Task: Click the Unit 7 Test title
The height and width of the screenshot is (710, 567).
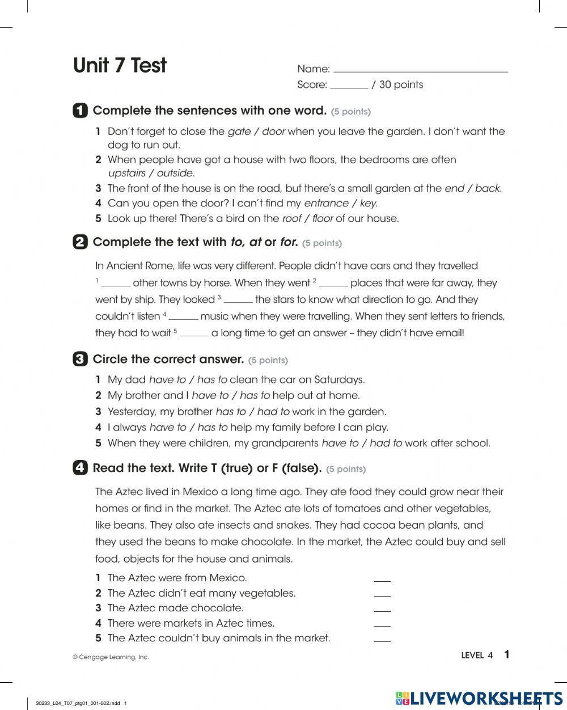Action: pos(120,66)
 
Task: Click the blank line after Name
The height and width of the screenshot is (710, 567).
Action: pos(420,70)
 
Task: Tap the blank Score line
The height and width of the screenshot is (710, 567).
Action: pos(349,86)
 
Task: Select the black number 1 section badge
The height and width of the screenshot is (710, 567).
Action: pos(80,110)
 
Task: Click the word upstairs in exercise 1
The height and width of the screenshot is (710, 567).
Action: pos(126,174)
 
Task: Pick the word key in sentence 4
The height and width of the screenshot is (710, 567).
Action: pos(369,203)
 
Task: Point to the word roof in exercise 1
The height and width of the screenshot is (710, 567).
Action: pos(291,218)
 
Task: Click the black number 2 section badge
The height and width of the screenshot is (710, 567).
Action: pos(80,242)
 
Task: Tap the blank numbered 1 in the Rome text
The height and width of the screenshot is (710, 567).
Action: pos(116,285)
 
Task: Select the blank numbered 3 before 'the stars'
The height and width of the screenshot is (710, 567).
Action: pos(238,301)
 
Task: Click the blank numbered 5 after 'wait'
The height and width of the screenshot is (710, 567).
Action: pos(194,335)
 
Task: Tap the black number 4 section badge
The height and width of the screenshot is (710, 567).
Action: pos(80,468)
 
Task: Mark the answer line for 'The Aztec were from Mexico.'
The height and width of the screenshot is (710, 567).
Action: pos(382,580)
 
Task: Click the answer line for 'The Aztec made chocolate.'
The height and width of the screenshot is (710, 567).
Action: pos(382,610)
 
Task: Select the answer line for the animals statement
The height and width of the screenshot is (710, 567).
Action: pos(382,640)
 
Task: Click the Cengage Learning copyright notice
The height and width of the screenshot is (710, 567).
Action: pos(111,657)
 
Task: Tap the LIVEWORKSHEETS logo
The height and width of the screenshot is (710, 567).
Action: pos(479,698)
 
